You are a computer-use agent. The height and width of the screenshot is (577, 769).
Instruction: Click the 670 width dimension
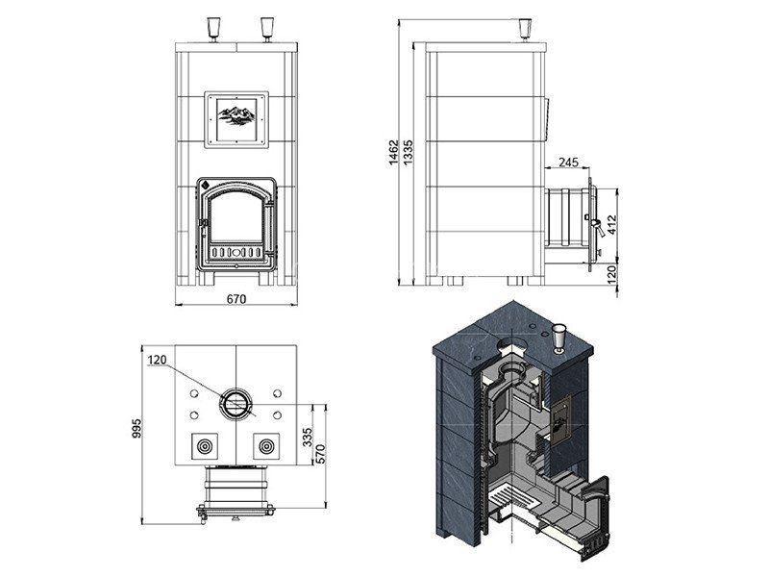coord(236,299)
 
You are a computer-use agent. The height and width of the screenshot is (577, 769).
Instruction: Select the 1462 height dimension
coord(393,152)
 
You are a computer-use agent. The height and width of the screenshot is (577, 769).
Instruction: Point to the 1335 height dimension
coord(408,152)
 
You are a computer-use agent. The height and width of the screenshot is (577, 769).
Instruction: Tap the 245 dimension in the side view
coord(568,162)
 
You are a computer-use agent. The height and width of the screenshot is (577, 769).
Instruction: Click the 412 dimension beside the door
coord(611,225)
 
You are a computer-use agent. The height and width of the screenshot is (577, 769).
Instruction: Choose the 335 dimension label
coord(307,438)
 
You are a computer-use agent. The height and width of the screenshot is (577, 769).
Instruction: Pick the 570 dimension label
coord(320,453)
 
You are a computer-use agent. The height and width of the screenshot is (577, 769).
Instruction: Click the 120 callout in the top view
coord(157,360)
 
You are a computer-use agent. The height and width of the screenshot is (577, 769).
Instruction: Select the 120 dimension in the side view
coord(611,275)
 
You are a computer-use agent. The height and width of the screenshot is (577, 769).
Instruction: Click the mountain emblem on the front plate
coord(236,115)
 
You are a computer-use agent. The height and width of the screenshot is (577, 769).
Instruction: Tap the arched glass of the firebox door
coord(236,215)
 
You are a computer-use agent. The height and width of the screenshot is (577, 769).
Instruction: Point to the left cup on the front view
coord(213,30)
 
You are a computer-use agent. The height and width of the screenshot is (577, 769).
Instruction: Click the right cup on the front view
coord(267,30)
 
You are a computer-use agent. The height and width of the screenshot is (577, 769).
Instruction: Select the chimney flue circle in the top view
coord(236,404)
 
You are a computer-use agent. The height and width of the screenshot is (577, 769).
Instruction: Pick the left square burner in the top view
coord(205,446)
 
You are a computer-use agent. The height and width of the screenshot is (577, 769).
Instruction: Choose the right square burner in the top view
coord(266,446)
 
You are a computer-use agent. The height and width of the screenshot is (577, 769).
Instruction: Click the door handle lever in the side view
coord(596,226)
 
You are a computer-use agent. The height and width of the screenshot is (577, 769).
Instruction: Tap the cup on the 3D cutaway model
coord(558,339)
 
